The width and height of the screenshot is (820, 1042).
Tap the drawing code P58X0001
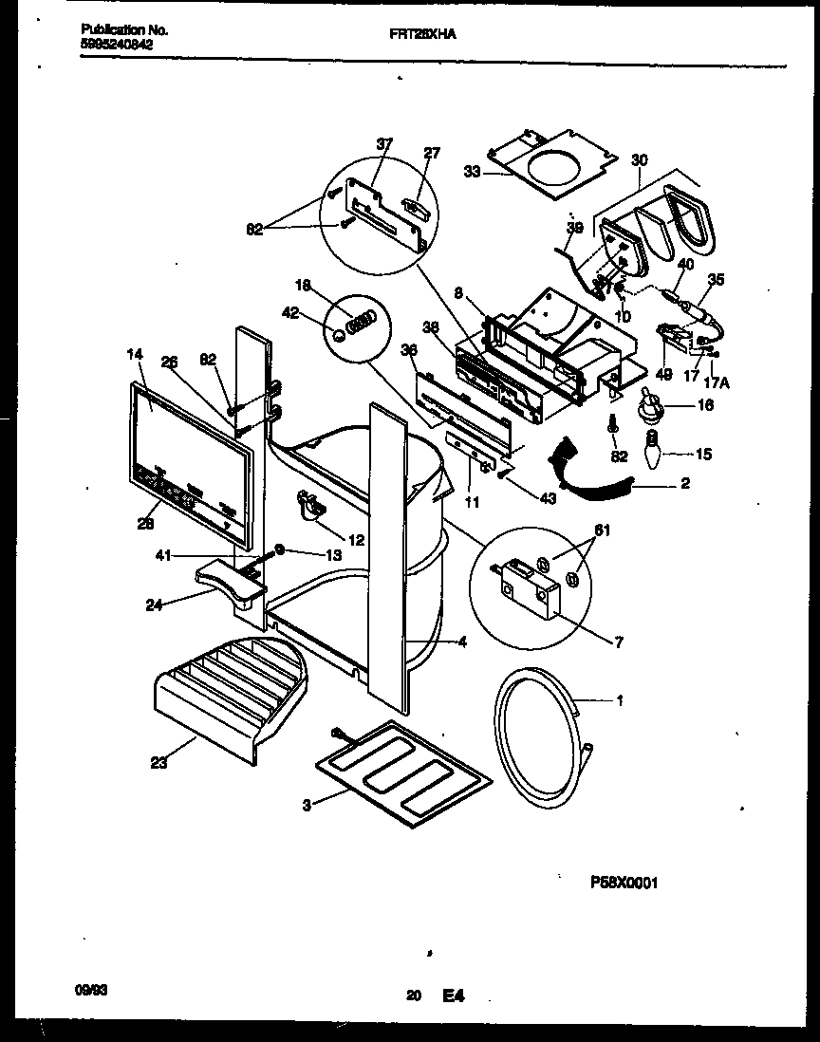pos(624,882)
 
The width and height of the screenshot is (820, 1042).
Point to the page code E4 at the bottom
pos(454,995)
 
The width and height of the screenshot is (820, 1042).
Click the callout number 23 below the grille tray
pos(158,761)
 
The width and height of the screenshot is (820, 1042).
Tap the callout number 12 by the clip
pos(356,540)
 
